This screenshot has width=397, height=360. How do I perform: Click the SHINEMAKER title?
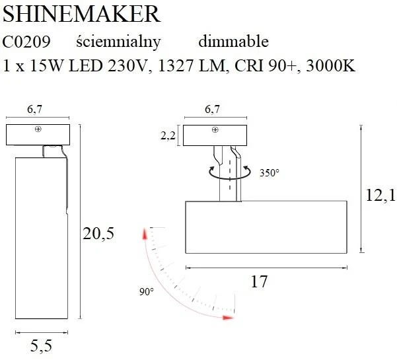[x=81, y=14]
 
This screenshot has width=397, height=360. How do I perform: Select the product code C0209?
[x=26, y=42]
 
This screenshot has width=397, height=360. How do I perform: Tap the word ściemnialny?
[x=118, y=42]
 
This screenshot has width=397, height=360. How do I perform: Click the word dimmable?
[x=233, y=41]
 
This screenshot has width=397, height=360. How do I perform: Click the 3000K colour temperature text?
[x=331, y=65]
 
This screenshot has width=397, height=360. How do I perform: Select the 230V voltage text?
[x=127, y=65]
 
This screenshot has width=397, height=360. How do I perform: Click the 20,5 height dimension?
[x=98, y=233]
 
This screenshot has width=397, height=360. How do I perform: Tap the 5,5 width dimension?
[x=41, y=346]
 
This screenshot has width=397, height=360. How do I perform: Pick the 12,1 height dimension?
[x=380, y=195]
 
